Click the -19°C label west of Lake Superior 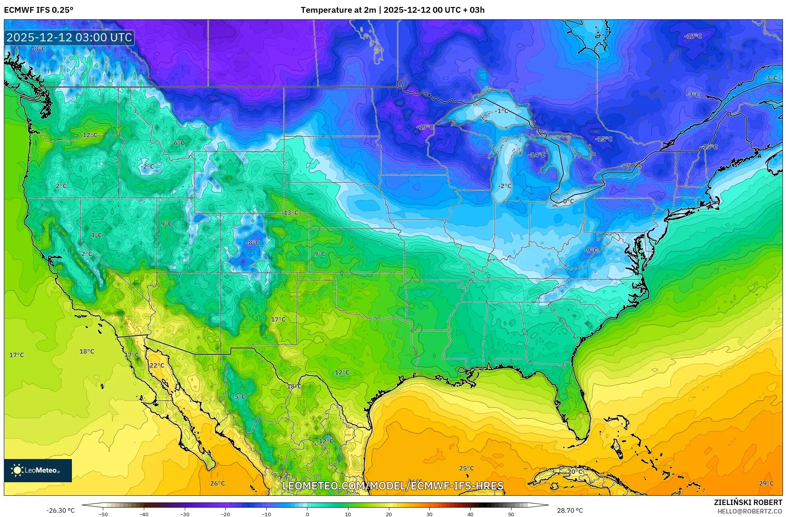pos(425,127)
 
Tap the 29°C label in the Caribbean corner pos(766,483)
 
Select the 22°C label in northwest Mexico pos(157,365)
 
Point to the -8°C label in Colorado pos(252,243)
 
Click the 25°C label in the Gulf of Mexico pos(466,468)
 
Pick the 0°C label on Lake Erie pos(568,201)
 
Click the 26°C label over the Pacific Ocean pos(217,483)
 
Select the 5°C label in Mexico pos(240,396)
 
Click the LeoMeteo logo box pos(38,470)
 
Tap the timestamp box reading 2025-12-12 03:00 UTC pos(69,37)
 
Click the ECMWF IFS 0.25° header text pos(38,10)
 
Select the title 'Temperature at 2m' pos(338,10)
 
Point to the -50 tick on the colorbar pos(103,514)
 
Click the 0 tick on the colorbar pos(307,514)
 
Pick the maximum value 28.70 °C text pos(569,510)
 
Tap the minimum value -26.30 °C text pos(61,510)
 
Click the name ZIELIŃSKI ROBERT pos(748,502)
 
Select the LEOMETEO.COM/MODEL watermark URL pos(393,486)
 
